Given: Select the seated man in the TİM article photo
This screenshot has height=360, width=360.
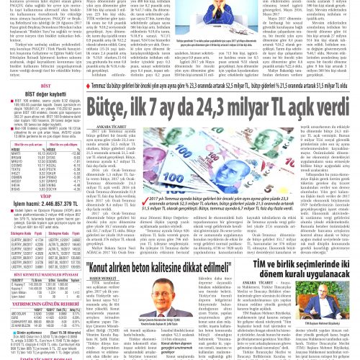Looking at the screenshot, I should coord(336,318).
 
